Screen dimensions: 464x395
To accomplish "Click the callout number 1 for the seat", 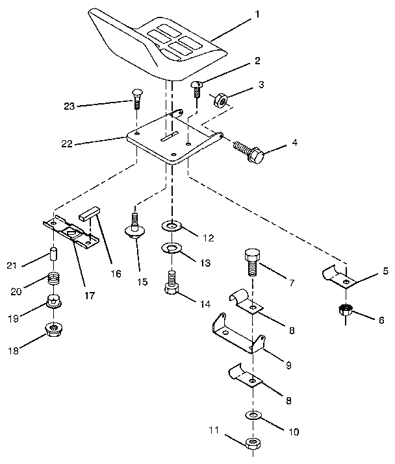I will pos(257,13).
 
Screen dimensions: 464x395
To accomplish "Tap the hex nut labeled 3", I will pos(220,100).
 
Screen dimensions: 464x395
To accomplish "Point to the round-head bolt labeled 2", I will pos(196,88).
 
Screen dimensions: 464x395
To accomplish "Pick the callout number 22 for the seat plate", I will pos(68,143).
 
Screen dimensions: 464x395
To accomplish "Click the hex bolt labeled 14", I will pos(172,284).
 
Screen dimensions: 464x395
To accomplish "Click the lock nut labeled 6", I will pos(346,310).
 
